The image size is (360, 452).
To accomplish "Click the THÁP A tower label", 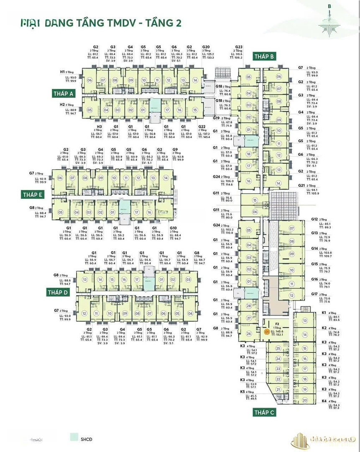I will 63,93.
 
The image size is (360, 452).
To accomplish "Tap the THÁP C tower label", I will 264,413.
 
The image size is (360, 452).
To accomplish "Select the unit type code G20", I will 206,47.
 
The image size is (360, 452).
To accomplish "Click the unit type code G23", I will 239,47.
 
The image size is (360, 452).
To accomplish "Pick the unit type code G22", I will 202,126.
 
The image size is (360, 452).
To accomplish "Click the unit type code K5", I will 243,392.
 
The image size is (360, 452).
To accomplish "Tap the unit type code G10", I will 173,229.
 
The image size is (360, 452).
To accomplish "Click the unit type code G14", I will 314,248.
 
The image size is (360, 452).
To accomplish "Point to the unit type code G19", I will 216,118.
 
